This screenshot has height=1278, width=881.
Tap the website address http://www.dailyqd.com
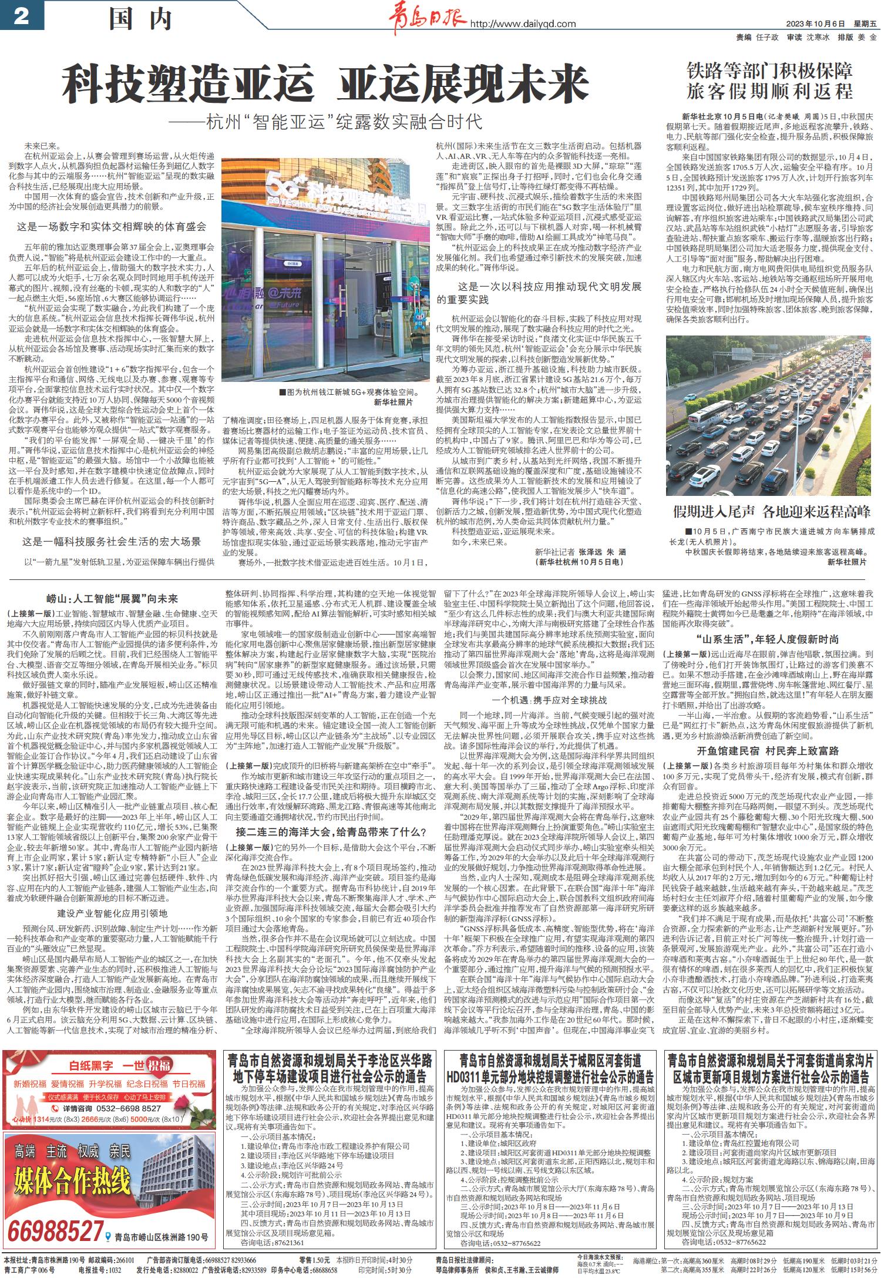coord(522,24)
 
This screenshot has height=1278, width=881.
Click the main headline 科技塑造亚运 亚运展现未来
coord(326,86)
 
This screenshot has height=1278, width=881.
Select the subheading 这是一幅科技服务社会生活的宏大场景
coord(112,541)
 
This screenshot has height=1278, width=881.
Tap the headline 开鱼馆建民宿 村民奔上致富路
coord(768,750)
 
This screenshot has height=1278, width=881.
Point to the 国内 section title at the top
coord(140,21)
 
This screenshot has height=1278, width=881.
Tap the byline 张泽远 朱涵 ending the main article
coord(603,552)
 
